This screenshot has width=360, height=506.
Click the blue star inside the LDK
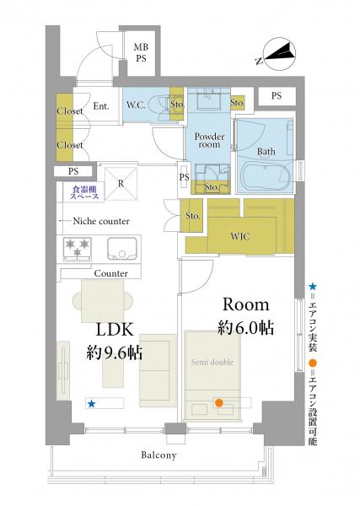[x=92, y=403]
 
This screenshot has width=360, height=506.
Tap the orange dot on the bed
[x=219, y=402]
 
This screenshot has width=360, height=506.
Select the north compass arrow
[x=280, y=54]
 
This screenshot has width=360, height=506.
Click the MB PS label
[x=141, y=52]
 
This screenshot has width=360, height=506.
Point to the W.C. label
[x=136, y=105]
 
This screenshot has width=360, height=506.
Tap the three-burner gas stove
[x=77, y=249]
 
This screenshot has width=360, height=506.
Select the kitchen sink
[x=122, y=249]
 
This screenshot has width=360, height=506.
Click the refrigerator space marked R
[x=121, y=183]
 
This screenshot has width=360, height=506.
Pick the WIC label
[x=240, y=236]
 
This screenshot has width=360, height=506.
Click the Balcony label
[x=159, y=455]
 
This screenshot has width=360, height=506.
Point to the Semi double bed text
[x=212, y=362]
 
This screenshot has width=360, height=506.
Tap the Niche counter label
[x=101, y=221]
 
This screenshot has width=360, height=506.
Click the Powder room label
[x=209, y=140]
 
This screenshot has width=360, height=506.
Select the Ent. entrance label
[x=101, y=106]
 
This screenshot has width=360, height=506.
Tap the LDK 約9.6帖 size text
[x=115, y=341]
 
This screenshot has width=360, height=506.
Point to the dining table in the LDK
[x=103, y=301]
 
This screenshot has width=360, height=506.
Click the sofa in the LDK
[x=158, y=370]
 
